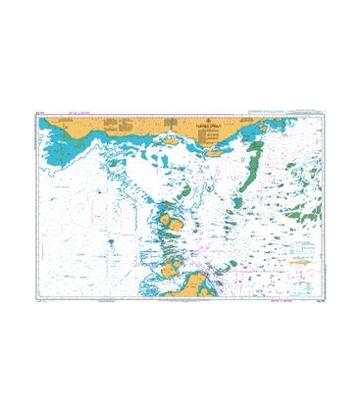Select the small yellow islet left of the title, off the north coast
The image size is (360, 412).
pos(170,140)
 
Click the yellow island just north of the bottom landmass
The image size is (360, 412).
pos(173,264)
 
